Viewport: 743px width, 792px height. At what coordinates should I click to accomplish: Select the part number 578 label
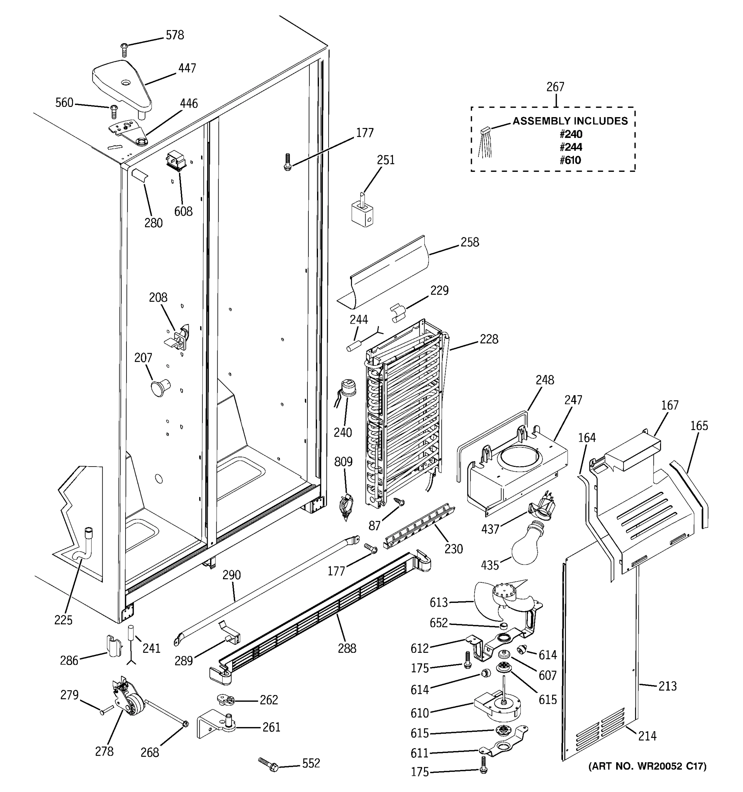tap(175, 35)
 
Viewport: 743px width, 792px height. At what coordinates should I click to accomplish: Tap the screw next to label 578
tap(124, 50)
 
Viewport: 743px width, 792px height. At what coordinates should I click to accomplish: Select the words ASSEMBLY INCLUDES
tap(570, 121)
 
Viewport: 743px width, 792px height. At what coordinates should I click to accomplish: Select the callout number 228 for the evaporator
tap(489, 339)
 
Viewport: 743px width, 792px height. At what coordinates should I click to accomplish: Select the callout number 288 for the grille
tap(347, 648)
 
